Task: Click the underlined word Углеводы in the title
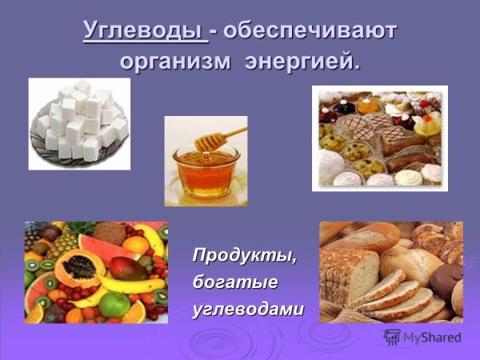(x=145, y=32)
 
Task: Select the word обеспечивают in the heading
(x=311, y=32)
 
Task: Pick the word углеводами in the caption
(x=248, y=309)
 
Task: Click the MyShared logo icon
(x=392, y=337)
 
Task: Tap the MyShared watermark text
(x=432, y=338)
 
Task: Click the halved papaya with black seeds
(x=77, y=267)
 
